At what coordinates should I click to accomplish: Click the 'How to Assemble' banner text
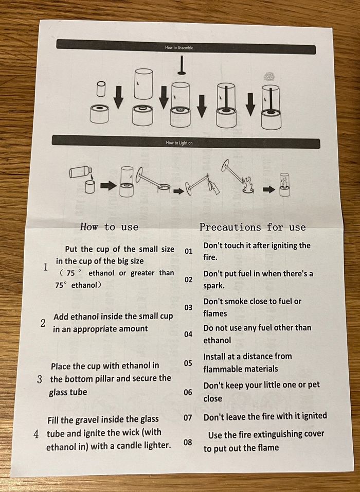click(x=179, y=48)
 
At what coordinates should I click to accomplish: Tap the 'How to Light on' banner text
click(x=179, y=143)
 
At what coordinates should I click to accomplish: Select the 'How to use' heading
click(x=109, y=226)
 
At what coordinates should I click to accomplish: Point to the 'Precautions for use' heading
click(x=253, y=227)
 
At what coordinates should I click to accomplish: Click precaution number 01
click(x=188, y=251)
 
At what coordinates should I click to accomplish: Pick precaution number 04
click(x=188, y=334)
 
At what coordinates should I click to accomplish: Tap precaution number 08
click(x=188, y=443)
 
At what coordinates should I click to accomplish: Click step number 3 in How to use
click(x=40, y=379)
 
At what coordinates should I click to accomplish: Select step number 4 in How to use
click(x=37, y=434)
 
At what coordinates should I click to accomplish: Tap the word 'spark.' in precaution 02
click(x=214, y=286)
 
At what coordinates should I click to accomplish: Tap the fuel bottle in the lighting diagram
click(x=81, y=172)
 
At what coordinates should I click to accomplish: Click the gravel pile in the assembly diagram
click(x=268, y=76)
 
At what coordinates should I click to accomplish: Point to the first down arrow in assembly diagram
click(x=118, y=97)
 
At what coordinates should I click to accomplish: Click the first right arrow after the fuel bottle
click(x=109, y=186)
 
